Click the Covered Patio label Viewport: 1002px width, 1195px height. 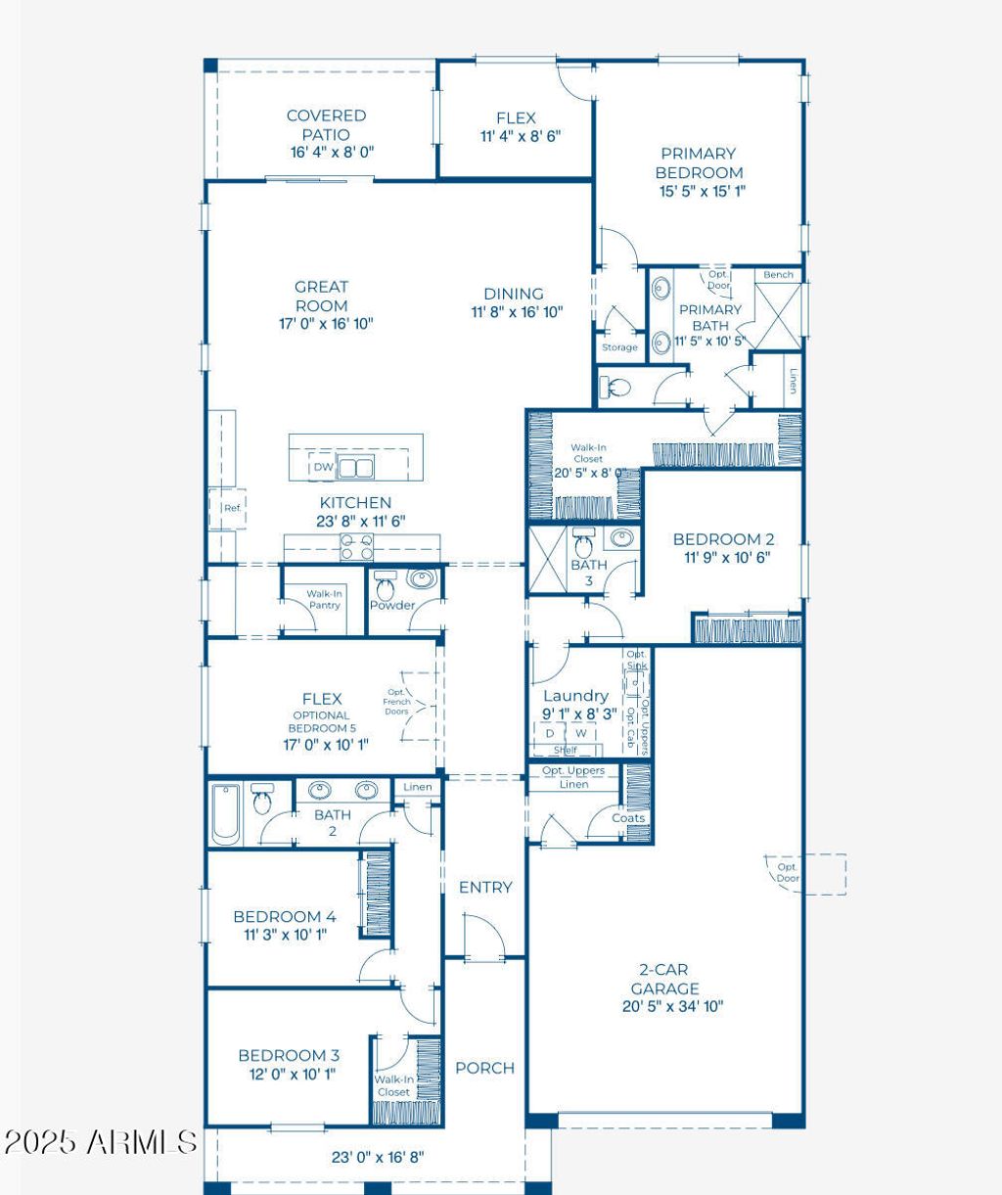[326, 124]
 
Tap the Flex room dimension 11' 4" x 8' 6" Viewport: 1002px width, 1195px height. [520, 137]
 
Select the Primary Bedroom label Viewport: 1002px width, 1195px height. [698, 162]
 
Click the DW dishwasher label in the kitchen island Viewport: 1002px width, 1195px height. [323, 468]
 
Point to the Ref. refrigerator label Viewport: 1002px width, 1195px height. [232, 509]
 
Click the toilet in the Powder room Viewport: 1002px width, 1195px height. [386, 587]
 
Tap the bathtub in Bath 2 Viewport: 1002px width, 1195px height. [225, 813]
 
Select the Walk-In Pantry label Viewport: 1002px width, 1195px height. [324, 599]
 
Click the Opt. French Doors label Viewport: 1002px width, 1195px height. [396, 702]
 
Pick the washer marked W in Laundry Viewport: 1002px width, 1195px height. [580, 733]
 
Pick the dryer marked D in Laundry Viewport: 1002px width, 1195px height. [550, 733]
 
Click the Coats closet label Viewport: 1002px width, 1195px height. [628, 818]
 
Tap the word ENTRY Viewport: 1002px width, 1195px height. [485, 888]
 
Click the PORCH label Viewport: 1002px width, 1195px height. [484, 1068]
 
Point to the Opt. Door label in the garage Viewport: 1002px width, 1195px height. [788, 872]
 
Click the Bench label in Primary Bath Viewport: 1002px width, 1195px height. [778, 275]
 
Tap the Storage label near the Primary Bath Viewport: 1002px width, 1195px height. [619, 347]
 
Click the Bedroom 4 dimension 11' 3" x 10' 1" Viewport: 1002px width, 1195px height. [285, 935]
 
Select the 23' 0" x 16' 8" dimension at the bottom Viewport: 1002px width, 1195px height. [377, 1157]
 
